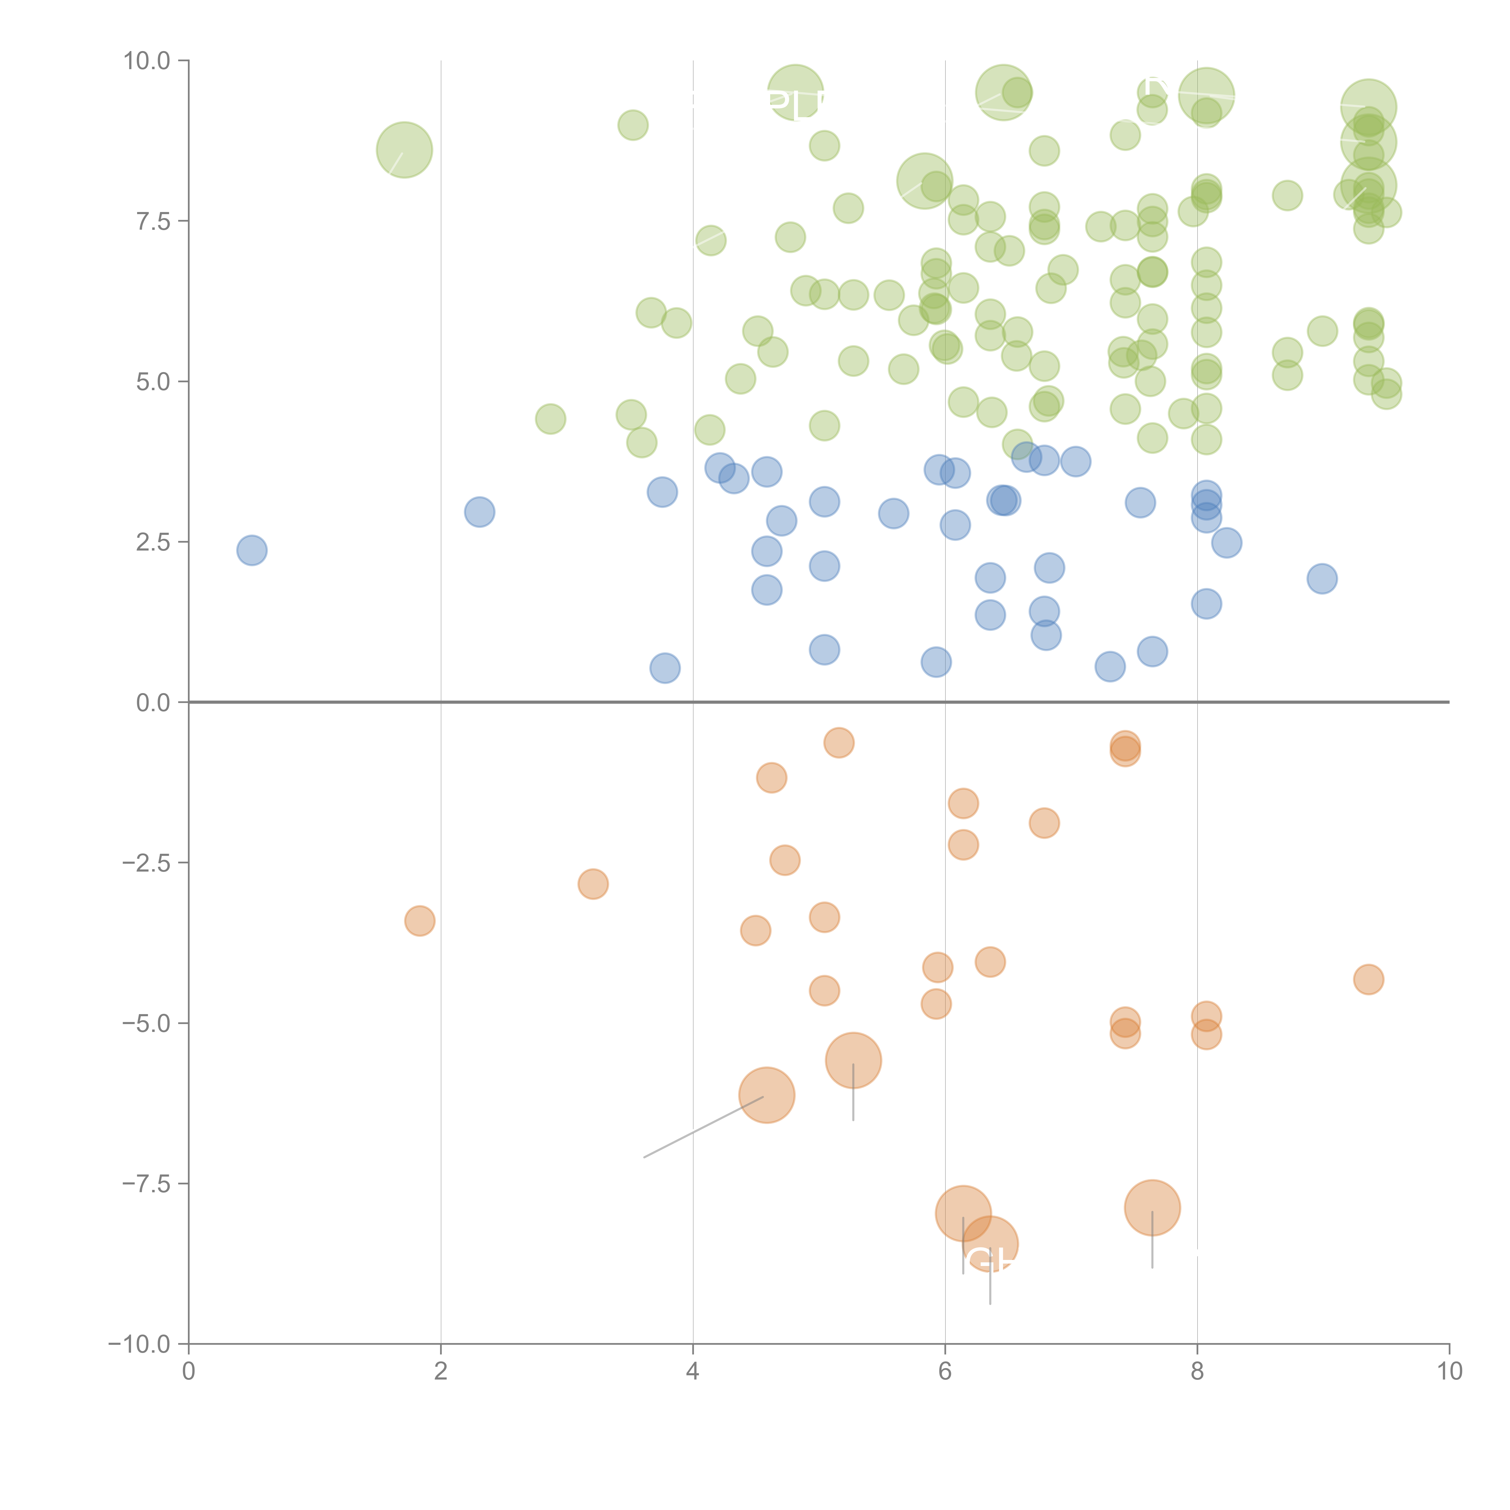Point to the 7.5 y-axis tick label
(x=153, y=221)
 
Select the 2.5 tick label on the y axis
(x=153, y=542)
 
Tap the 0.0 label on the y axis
(x=153, y=703)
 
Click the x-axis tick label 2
(x=441, y=1372)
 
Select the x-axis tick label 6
(x=945, y=1372)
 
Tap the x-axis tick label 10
(x=1449, y=1372)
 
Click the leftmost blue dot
(x=252, y=550)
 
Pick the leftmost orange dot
(x=420, y=921)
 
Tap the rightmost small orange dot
(x=1368, y=979)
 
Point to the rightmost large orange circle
(x=1152, y=1207)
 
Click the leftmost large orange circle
(x=767, y=1095)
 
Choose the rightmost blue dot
(x=1322, y=578)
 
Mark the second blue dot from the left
(x=479, y=512)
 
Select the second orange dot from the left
(x=593, y=884)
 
